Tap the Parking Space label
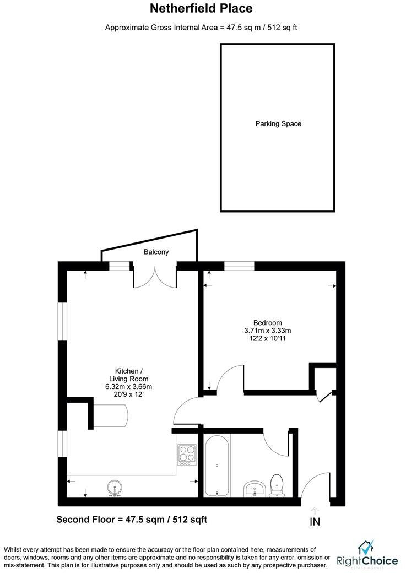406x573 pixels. [278, 124]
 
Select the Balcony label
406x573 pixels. [156, 252]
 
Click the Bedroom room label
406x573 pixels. [268, 323]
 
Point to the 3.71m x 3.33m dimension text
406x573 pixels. [268, 331]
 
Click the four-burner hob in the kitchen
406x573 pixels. [187, 455]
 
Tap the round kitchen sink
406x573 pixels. [115, 487]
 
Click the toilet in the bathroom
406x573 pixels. [277, 483]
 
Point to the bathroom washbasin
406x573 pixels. [254, 488]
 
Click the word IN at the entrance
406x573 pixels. [315, 521]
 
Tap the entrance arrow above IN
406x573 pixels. [315, 510]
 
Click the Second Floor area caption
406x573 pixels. [132, 520]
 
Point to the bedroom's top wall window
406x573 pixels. [239, 266]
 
